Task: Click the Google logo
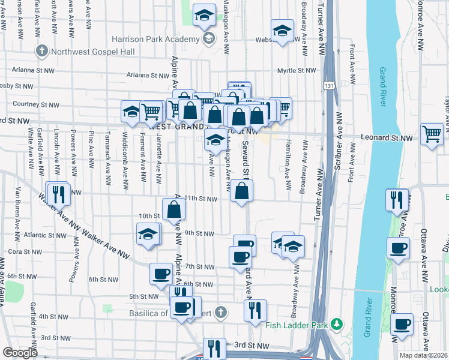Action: pyautogui.click(x=20, y=353)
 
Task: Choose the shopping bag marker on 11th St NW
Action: pyautogui.click(x=241, y=192)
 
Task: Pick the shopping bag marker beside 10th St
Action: pyautogui.click(x=173, y=209)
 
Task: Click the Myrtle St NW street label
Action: pyautogui.click(x=297, y=71)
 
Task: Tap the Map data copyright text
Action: pyautogui.click(x=423, y=355)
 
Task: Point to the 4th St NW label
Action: pyautogui.click(x=54, y=316)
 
